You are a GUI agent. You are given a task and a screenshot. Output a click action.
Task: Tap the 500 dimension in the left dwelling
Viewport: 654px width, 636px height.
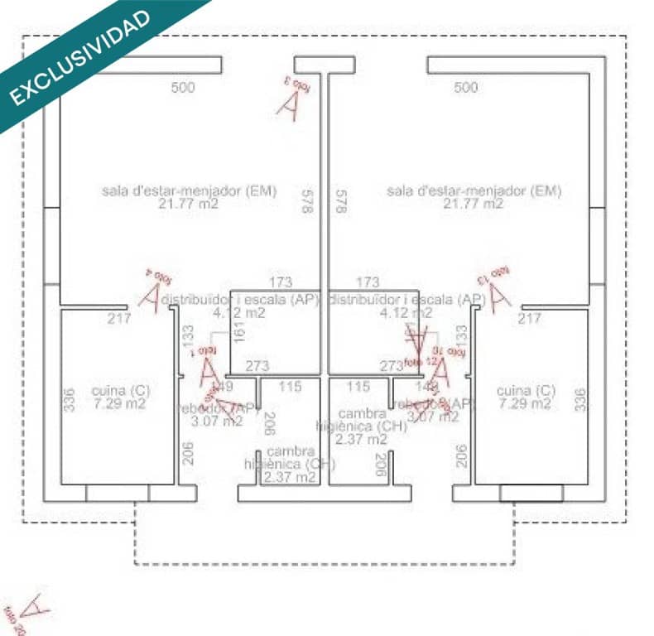point(183,87)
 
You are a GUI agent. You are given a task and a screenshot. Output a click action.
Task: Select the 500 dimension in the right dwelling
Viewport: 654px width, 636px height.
point(466,87)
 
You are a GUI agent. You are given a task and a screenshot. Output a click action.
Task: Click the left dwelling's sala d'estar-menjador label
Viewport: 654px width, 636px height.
point(190,190)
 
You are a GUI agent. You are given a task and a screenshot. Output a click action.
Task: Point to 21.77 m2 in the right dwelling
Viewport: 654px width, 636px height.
point(473,203)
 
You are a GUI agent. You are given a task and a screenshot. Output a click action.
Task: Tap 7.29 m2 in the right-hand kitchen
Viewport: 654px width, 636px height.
point(525,403)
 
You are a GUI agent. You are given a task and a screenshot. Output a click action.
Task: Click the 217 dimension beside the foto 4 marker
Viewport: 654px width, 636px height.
point(120,318)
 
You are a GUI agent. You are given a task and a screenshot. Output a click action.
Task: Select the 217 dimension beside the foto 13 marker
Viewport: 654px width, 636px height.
point(529,318)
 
